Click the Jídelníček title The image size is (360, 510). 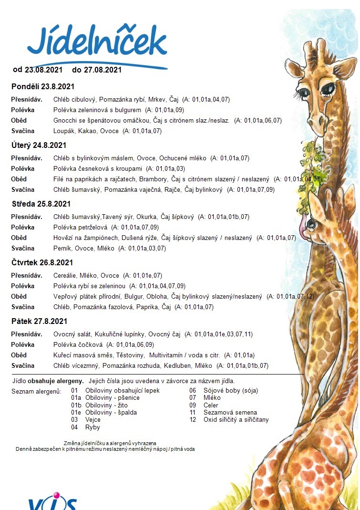pyautogui.click(x=97, y=42)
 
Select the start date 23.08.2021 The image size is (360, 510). pyautogui.click(x=43, y=70)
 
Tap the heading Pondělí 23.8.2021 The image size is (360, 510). pyautogui.click(x=43, y=87)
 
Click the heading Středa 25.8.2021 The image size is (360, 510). pyautogui.click(x=41, y=204)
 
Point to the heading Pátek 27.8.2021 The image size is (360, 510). pyautogui.click(x=40, y=322)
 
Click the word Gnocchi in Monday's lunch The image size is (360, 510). pyautogui.click(x=66, y=121)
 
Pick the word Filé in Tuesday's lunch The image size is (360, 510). pyautogui.click(x=59, y=179)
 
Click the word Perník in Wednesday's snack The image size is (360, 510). pyautogui.click(x=62, y=249)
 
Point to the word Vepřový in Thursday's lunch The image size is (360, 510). pyautogui.click(x=66, y=297)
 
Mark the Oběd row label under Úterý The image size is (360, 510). pyautogui.click(x=19, y=179)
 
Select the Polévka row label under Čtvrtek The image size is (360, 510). pyautogui.click(x=23, y=286)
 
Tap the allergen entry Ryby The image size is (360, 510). pyautogui.click(x=93, y=428)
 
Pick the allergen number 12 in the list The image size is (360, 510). pyautogui.click(x=193, y=420)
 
